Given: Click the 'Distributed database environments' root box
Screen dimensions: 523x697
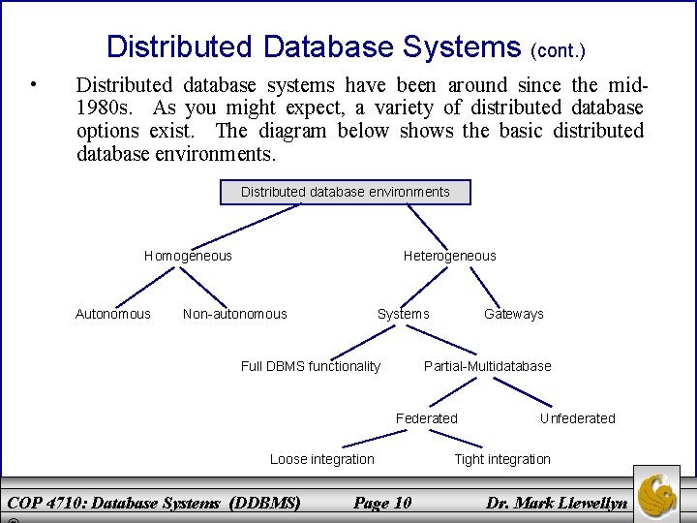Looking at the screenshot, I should coord(345,192).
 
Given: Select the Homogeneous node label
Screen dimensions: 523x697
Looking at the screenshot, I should coord(188,256).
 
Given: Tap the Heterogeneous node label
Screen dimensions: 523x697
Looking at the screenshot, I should coord(449,256).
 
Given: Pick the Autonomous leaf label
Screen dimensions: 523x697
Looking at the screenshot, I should coord(113,314).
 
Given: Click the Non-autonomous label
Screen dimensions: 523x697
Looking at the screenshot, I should coord(234,314).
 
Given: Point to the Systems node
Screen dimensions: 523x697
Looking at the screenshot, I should coord(403,314).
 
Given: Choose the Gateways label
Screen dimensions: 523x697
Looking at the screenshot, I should coord(513,314).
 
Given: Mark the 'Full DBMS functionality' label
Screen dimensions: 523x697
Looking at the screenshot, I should coord(310,366).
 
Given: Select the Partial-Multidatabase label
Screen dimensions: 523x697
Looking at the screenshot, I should coord(487,366).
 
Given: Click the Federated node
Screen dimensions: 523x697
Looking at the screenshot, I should coord(426,418).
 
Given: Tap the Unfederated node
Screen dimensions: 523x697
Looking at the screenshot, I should coord(577,418).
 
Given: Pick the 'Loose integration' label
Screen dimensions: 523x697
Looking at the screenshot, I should coord(321,459).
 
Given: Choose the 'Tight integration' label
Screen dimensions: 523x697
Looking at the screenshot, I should coord(501,459).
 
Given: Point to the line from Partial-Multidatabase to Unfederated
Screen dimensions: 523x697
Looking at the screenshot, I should coord(520,391).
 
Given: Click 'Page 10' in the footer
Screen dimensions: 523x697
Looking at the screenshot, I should coord(382,503).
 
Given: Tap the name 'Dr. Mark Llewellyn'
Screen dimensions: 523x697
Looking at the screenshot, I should coord(558,503).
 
